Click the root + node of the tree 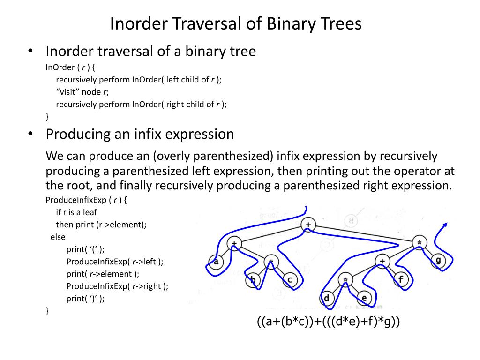click(308, 225)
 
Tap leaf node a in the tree click(216, 261)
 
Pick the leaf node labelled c click(290, 280)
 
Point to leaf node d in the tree click(326, 298)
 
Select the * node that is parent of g click(420, 242)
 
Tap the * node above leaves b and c click(271, 261)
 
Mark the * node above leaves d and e click(345, 280)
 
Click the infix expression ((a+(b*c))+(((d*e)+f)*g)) click(328, 322)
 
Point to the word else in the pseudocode click(58, 237)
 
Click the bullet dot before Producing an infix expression click(30, 134)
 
